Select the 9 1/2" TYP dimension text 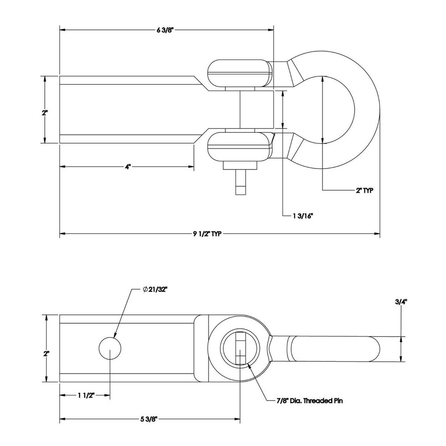pyautogui.click(x=206, y=234)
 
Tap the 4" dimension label pyautogui.click(x=128, y=167)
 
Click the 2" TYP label pyautogui.click(x=364, y=190)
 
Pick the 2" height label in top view pyautogui.click(x=45, y=112)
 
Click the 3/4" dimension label pyautogui.click(x=401, y=302)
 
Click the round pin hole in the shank pyautogui.click(x=109, y=348)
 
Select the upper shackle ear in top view pyautogui.click(x=240, y=72)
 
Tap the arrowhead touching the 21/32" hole pyautogui.click(x=115, y=335)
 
